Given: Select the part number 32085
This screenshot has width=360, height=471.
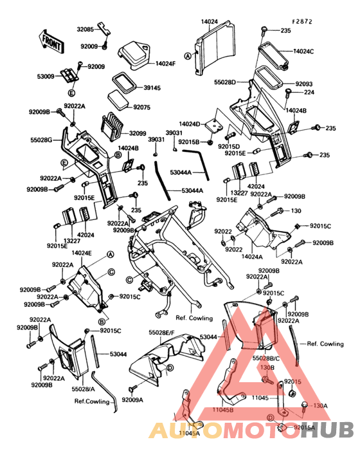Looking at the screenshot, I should coord(86,29).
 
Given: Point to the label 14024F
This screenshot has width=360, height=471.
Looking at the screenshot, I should coord(166,64).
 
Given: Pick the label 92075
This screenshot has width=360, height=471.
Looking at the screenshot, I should coord(145,107).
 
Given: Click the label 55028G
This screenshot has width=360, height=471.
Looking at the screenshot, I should coord(43,138).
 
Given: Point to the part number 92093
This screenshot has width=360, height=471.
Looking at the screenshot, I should coord(304,84).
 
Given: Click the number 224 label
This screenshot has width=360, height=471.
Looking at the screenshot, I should coord(309,92).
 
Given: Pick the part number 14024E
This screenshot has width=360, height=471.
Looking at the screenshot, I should coord(81,253).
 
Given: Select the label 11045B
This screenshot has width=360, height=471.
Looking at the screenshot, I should coord(223,409).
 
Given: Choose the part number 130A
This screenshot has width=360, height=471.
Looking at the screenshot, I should coord(320,406).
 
